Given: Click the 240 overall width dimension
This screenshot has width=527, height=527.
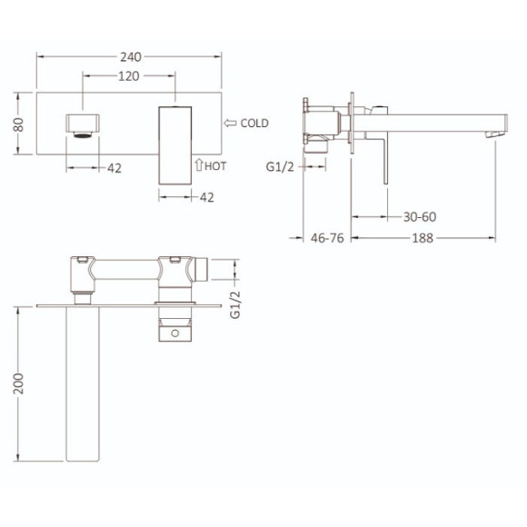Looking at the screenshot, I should click(x=129, y=55).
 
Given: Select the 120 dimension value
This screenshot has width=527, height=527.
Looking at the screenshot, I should click(x=129, y=76).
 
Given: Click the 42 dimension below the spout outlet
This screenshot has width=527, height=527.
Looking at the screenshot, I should click(x=114, y=167).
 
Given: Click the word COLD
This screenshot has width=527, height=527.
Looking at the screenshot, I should click(x=255, y=124).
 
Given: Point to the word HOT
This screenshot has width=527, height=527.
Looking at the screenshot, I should click(x=215, y=165).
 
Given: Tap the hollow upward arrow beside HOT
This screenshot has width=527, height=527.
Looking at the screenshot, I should click(x=199, y=165).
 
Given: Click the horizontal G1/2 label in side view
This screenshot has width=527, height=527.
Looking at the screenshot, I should click(x=282, y=166).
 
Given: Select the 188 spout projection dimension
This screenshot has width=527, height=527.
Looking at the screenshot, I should click(x=423, y=238).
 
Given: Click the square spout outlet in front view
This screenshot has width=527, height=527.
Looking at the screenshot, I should click(x=82, y=124).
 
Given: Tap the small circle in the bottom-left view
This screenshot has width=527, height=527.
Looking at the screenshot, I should click(x=174, y=333).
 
